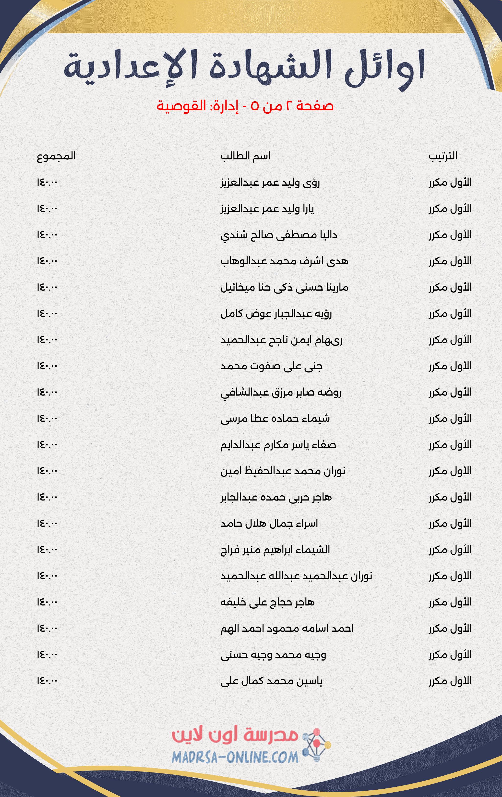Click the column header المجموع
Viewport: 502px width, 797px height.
56,156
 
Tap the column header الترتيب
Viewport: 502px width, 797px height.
443,156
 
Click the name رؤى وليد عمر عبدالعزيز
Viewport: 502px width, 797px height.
270,182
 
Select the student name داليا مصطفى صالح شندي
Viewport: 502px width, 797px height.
279,235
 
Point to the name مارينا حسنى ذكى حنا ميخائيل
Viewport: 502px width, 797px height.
284,287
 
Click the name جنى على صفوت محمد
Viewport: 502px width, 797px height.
271,366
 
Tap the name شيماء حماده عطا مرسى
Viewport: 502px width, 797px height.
275,419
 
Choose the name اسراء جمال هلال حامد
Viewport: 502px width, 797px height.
269,524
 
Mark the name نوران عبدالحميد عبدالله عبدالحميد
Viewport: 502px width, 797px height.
296,576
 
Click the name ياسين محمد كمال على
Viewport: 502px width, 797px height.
271,681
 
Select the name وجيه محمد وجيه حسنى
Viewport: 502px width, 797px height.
273,655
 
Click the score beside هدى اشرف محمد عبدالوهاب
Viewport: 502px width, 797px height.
47,261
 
